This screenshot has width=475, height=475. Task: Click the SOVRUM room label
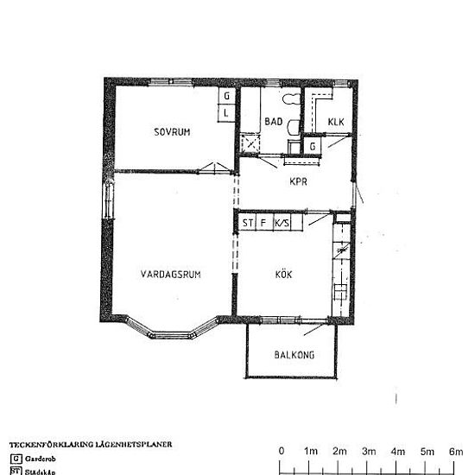(172, 132)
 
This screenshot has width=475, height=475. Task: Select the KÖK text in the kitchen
(283, 275)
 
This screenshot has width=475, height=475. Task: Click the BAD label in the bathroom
(274, 122)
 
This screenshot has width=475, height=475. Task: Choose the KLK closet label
(336, 122)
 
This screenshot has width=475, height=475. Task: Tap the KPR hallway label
(300, 181)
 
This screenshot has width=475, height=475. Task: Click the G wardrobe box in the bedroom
(226, 97)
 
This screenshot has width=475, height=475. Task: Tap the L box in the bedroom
(226, 113)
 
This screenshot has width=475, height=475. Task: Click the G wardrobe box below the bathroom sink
(313, 148)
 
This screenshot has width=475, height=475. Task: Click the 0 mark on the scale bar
(282, 452)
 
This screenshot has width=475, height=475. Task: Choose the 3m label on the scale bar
(369, 452)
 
